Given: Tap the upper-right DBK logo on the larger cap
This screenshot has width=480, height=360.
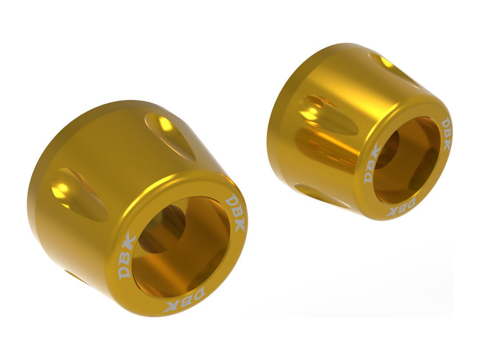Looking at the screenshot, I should [235, 214].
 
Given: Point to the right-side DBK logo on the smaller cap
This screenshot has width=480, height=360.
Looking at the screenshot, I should [445, 134].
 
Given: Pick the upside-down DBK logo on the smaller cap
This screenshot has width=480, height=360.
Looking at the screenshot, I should [401, 208].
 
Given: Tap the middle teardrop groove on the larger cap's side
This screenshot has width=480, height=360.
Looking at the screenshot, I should [78, 194].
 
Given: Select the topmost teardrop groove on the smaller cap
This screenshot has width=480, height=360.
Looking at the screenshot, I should [393, 69].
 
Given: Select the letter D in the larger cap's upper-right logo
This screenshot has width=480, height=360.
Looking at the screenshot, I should [230, 202].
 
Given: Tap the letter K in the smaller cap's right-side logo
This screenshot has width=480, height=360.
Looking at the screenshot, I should [447, 144].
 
